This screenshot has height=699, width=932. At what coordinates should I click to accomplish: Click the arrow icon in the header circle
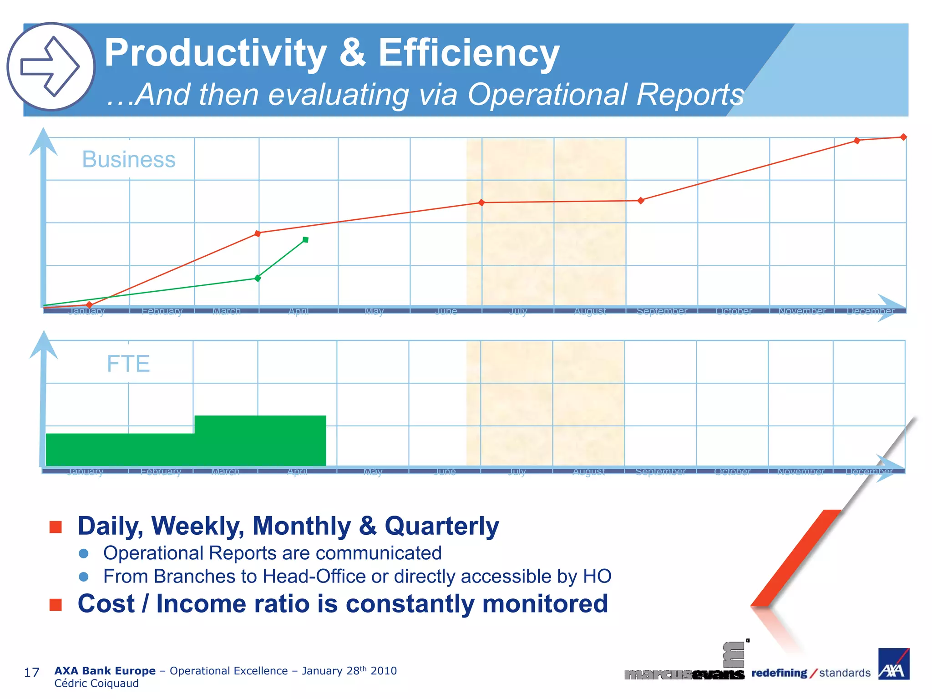[50, 66]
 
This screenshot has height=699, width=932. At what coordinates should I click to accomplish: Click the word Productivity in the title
[215, 53]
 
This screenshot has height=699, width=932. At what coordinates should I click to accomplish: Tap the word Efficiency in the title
[468, 53]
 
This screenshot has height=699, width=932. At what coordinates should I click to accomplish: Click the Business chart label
[129, 159]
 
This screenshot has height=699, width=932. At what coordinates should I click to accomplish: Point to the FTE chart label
[128, 364]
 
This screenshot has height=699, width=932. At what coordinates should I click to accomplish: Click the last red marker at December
[903, 137]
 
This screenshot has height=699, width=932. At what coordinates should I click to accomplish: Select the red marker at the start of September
[641, 201]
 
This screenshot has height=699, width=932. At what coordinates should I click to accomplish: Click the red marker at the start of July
[481, 203]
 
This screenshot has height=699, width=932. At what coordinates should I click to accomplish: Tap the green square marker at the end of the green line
[305, 240]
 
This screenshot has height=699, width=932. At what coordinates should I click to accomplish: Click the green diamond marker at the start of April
[258, 278]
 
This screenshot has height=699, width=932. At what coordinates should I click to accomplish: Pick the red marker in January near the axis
[89, 304]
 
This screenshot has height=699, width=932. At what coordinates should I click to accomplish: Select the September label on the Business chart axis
[662, 311]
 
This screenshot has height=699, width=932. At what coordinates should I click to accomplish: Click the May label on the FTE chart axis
[373, 472]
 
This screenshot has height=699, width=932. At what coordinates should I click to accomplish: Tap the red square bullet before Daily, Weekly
[56, 527]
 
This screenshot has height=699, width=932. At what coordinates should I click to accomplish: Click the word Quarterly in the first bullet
[441, 526]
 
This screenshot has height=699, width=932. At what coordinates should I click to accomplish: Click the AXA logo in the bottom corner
[893, 664]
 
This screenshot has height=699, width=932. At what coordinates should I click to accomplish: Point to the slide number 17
[31, 673]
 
